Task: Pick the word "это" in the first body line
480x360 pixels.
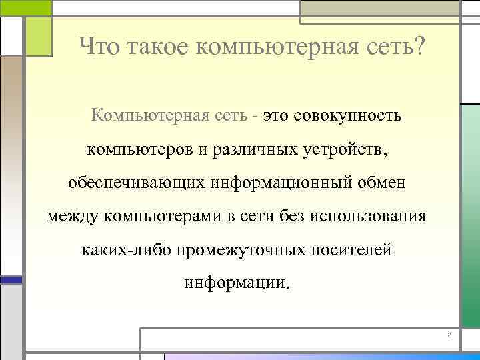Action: point(275,116)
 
